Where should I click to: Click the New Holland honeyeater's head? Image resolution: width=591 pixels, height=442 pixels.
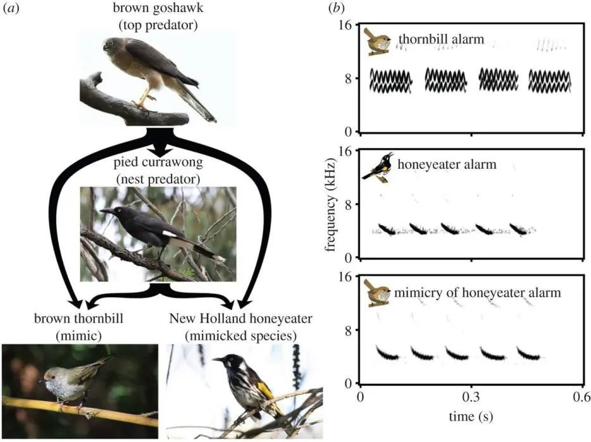[x=223, y=362]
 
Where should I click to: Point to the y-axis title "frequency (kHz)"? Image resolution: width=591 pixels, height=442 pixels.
[x=330, y=203]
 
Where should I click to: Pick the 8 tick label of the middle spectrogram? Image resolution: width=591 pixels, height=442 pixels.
[x=347, y=204]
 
